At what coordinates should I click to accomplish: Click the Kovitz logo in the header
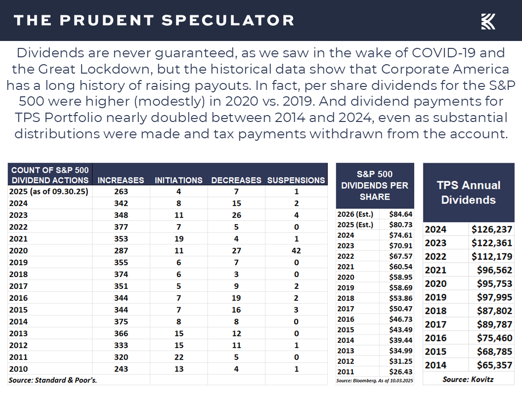coord(488,21)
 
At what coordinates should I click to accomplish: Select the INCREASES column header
coord(121,180)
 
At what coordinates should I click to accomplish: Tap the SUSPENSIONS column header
coord(296,180)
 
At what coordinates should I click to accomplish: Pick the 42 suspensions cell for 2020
coord(296,250)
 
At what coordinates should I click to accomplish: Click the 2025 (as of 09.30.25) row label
coord(48,191)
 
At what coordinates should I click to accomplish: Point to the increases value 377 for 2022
coord(121,227)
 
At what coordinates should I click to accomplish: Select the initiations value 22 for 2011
coord(178,357)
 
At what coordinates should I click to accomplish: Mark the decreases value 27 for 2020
coord(236,250)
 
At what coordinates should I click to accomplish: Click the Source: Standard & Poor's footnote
coord(52,380)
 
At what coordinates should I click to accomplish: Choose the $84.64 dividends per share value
coord(401,214)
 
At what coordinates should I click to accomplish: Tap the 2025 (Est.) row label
coord(355,225)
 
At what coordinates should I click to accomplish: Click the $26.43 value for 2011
coord(401,371)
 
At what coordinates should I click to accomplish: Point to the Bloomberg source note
coord(375,381)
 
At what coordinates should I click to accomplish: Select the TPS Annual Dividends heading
coord(469,193)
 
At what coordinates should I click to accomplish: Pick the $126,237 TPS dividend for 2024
coord(492,229)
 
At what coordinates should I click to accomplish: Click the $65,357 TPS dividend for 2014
coord(492,365)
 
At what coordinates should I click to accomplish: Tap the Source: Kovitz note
coord(468,379)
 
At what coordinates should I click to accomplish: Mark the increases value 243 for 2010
coord(121,369)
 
